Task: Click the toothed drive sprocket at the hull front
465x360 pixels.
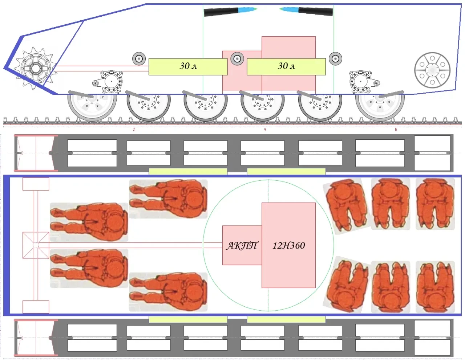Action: [x=36, y=68]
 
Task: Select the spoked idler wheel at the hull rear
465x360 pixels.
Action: [x=432, y=70]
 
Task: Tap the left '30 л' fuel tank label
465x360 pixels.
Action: [x=188, y=66]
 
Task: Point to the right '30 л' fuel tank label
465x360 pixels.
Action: [x=286, y=66]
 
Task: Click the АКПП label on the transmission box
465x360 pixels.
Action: [x=242, y=246]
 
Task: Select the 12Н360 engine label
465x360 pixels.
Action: [x=288, y=246]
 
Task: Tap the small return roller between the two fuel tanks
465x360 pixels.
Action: [x=237, y=58]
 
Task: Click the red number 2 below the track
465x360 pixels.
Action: [x=134, y=130]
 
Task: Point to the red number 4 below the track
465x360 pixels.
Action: [x=265, y=130]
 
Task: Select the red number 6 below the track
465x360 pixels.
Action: [x=396, y=130]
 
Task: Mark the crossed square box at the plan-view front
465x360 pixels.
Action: [x=36, y=245]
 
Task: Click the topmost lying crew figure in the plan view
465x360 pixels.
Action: [x=168, y=199]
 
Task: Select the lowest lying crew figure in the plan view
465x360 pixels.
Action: [x=168, y=292]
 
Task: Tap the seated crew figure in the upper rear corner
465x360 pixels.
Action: [x=435, y=204]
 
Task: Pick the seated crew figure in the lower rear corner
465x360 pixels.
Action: [x=435, y=287]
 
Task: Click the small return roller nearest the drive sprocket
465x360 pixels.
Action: [x=139, y=58]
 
